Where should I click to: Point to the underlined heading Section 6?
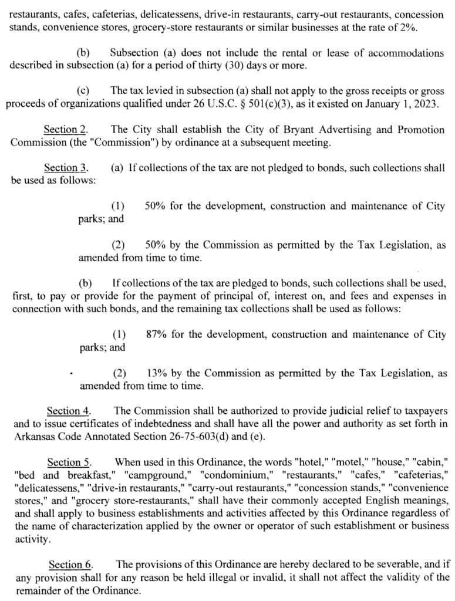point(70,565)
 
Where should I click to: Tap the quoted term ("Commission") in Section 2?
point(125,142)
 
